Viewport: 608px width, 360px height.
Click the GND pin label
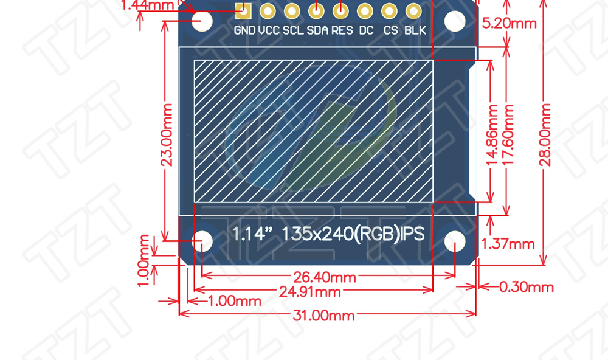244,30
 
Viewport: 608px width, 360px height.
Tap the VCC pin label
269,30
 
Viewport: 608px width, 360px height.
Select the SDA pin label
317,30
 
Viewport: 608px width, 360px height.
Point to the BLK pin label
415,30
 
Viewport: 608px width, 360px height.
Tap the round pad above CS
389,10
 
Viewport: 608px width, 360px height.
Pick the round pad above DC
365,10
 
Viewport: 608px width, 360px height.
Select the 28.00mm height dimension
545,135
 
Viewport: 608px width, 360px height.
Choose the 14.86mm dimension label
492,135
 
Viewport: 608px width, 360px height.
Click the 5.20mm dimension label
510,23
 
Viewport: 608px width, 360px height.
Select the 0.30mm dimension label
526,287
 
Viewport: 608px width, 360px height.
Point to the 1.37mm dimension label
508,244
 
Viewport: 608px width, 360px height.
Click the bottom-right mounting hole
455,241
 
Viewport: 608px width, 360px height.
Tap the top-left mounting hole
202,21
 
